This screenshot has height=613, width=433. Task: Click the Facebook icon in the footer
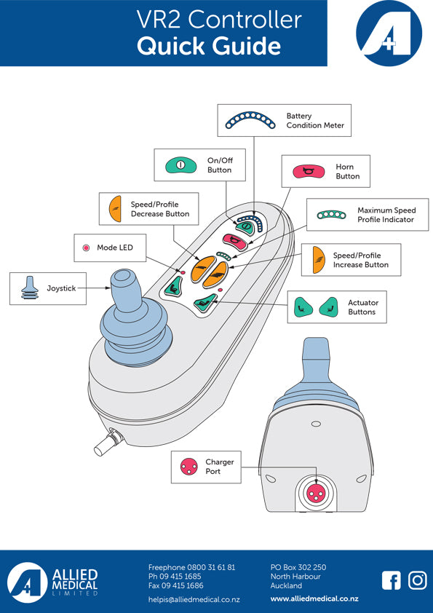tap(392, 580)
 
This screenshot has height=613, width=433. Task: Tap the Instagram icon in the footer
tap(418, 580)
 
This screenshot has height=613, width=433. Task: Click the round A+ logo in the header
tap(389, 33)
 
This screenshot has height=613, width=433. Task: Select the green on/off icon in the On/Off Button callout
tap(180, 165)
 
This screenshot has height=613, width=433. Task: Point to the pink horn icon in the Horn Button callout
tap(309, 171)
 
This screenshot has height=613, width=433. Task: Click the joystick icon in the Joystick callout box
tap(30, 288)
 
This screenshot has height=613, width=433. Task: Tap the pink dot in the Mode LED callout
tap(86, 248)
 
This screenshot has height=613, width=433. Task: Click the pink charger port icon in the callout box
tap(188, 467)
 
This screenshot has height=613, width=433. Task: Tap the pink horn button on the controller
tap(235, 240)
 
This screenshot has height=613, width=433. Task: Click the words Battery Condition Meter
tap(315, 121)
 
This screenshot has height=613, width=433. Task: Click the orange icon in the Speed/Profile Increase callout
tap(319, 260)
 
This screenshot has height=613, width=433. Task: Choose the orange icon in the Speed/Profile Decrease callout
tap(116, 209)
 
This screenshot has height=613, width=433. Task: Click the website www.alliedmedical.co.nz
tap(314, 599)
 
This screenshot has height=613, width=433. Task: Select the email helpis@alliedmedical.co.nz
tap(194, 599)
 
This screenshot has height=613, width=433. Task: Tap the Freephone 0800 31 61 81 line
tap(191, 567)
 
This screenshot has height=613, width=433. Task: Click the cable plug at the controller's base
tap(108, 442)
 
